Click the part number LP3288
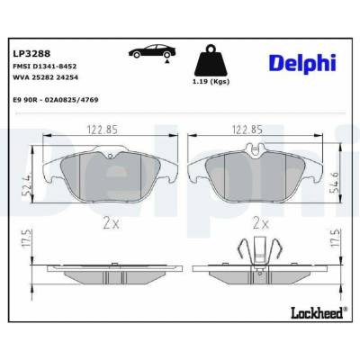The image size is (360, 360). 31,54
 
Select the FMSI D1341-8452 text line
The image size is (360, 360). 44,67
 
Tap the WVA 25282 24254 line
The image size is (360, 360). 45,77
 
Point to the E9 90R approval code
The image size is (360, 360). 56,100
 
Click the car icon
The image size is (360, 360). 152,51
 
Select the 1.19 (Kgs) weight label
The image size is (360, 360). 211,81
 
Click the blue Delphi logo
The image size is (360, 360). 303,63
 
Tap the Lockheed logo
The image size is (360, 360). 319,313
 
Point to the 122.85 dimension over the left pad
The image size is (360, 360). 103,130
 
